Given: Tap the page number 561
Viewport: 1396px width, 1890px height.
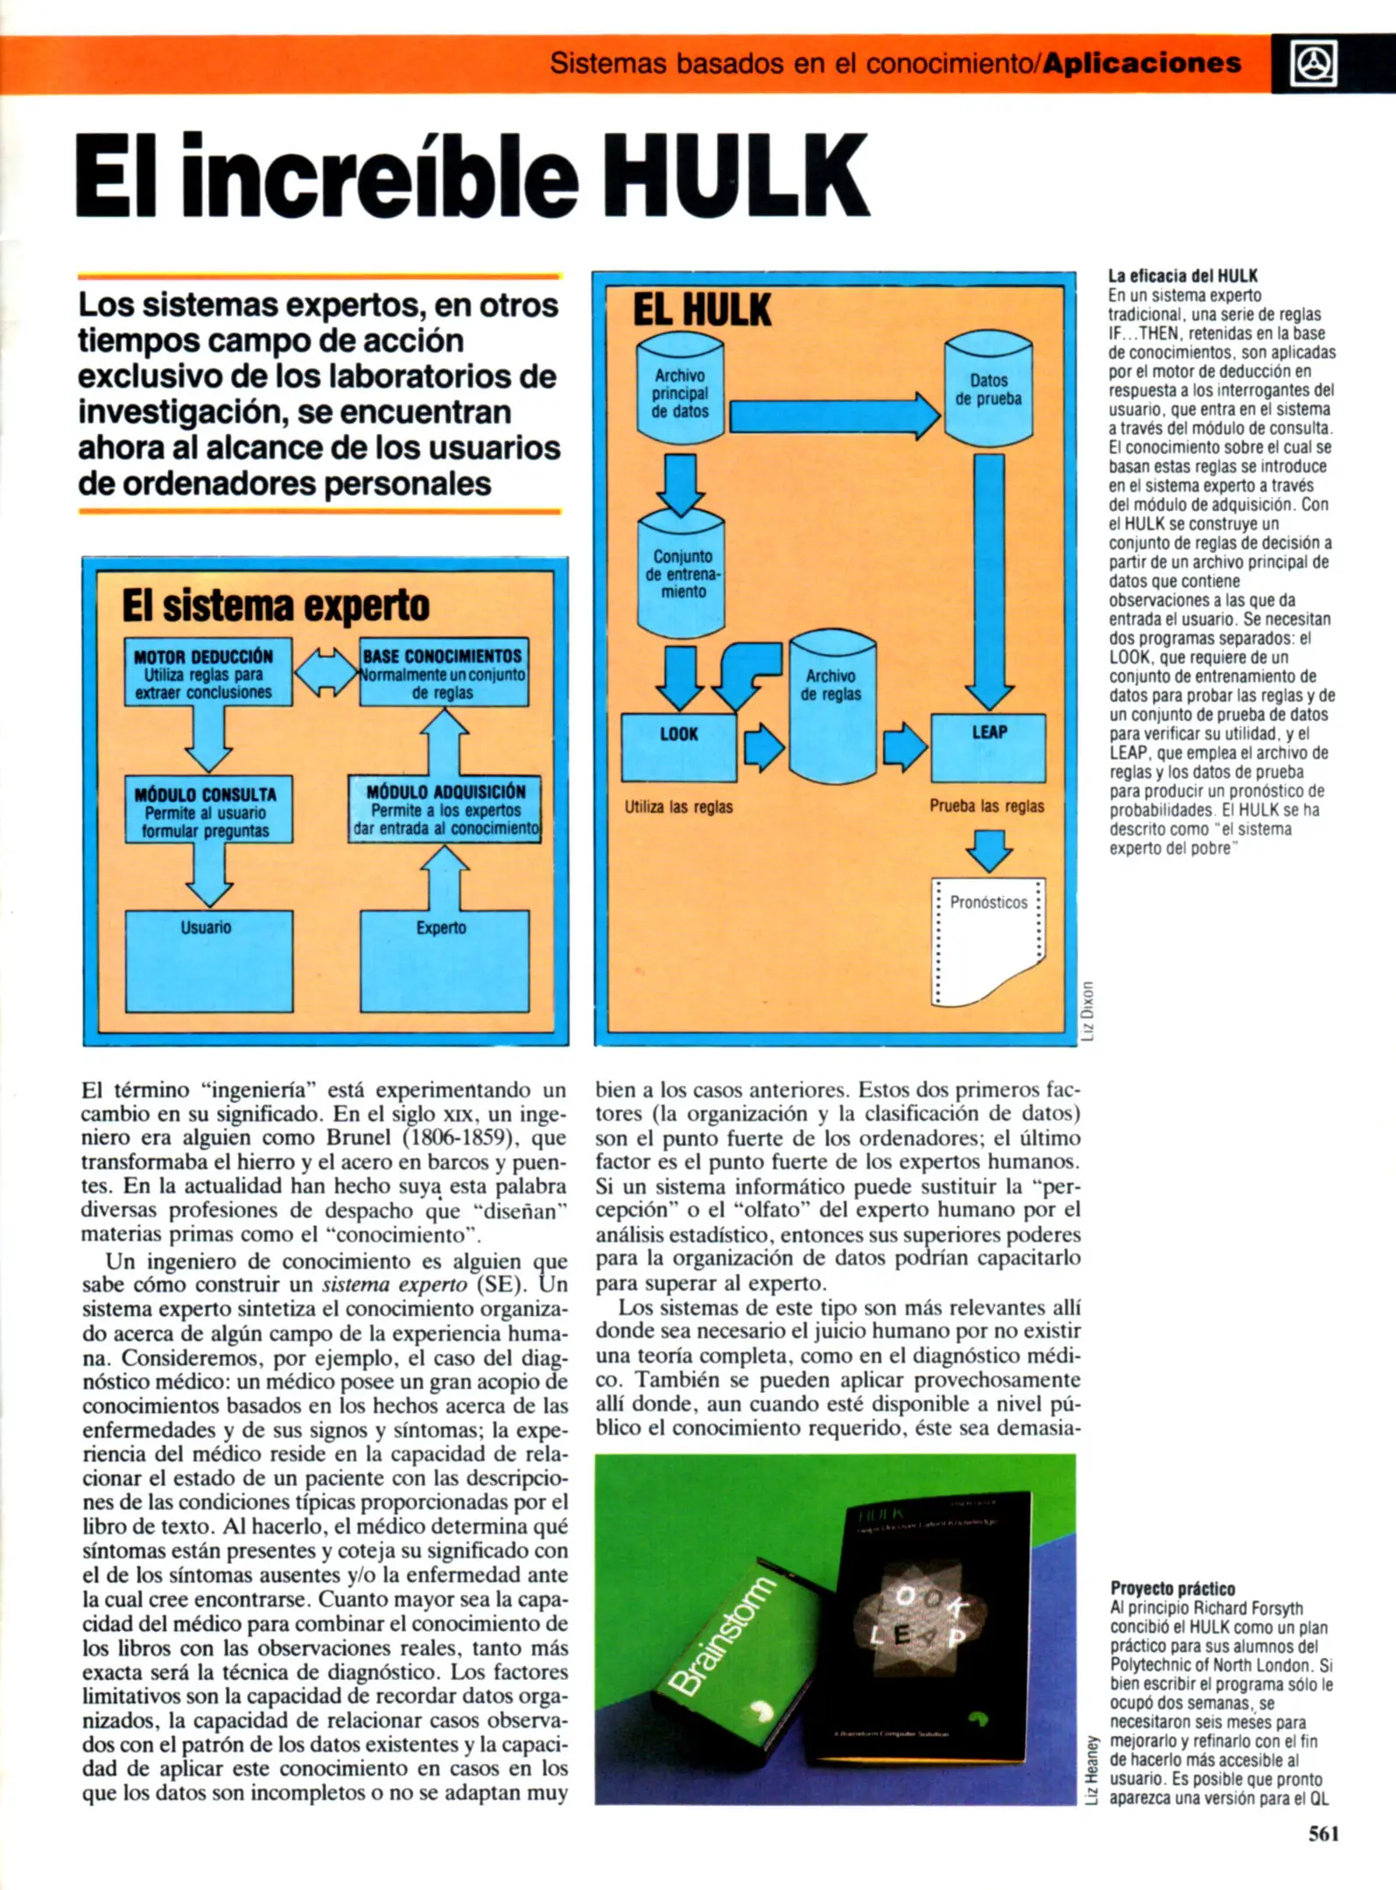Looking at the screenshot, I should pos(1322,1833).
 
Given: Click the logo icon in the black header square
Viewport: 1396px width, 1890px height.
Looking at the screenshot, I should pos(1313,64).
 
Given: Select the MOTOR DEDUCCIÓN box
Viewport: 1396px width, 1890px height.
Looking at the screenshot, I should pos(207,672).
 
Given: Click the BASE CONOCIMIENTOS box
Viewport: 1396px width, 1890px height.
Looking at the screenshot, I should pos(444,672).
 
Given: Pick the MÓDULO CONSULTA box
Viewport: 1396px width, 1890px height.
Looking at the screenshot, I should pos(207,809).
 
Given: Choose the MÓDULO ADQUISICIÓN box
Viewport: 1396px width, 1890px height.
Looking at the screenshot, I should pos(445,809).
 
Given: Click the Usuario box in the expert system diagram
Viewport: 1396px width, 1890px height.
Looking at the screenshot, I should pos(208,961).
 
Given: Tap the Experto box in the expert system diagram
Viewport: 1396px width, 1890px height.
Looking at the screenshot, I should pos(445,961).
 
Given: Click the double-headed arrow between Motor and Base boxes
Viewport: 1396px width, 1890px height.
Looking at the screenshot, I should pos(326,672).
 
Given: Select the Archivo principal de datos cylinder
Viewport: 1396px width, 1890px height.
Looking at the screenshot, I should pos(680,390).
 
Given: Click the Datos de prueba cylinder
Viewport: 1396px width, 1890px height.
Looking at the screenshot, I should pos(988,388).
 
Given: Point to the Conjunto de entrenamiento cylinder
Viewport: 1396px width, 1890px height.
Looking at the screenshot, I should pos(681,573).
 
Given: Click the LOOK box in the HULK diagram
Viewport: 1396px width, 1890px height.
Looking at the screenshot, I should pos(679,746).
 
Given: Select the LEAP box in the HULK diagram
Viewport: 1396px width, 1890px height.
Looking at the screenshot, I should pos(988,746).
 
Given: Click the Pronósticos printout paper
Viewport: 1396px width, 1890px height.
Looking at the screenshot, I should pos(987,941).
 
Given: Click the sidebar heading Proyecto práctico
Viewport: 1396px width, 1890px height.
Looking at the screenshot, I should pos(1173,1588).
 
